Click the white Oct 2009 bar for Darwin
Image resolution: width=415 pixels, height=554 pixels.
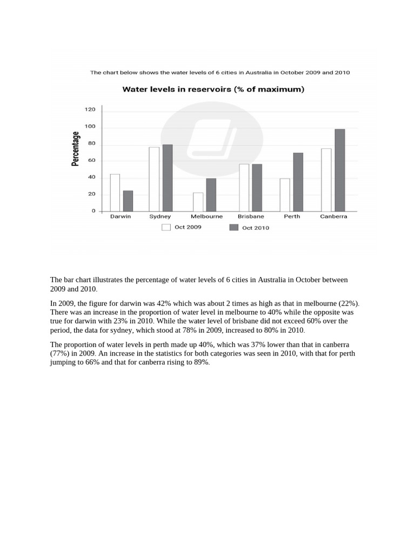coord(115,193)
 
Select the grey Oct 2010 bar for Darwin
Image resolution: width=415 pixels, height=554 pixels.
coord(128,201)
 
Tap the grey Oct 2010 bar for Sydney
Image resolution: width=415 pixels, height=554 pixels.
coord(167,178)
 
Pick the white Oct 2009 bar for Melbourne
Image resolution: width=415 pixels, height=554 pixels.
coord(198,202)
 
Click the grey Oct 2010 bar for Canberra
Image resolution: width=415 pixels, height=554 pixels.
coord(339,170)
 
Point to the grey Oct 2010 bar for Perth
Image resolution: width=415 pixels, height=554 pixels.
coord(298,182)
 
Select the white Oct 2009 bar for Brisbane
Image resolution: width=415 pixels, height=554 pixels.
coord(244,188)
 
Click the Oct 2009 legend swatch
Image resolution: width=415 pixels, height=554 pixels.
coord(166,227)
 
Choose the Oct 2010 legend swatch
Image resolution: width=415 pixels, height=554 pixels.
coord(233,227)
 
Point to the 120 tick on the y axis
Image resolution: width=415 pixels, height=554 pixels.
coord(90,110)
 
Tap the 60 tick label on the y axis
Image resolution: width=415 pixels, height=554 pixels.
coord(91,161)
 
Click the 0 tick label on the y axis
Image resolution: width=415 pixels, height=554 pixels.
coord(93,211)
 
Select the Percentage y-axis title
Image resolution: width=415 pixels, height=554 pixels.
coord(76,149)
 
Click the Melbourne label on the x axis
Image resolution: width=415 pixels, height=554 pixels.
coord(206,216)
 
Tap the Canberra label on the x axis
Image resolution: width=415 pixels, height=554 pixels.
coord(333,216)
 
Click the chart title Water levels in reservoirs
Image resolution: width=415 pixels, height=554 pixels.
coord(213,89)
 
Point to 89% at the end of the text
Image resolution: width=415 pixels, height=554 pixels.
coord(201,362)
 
